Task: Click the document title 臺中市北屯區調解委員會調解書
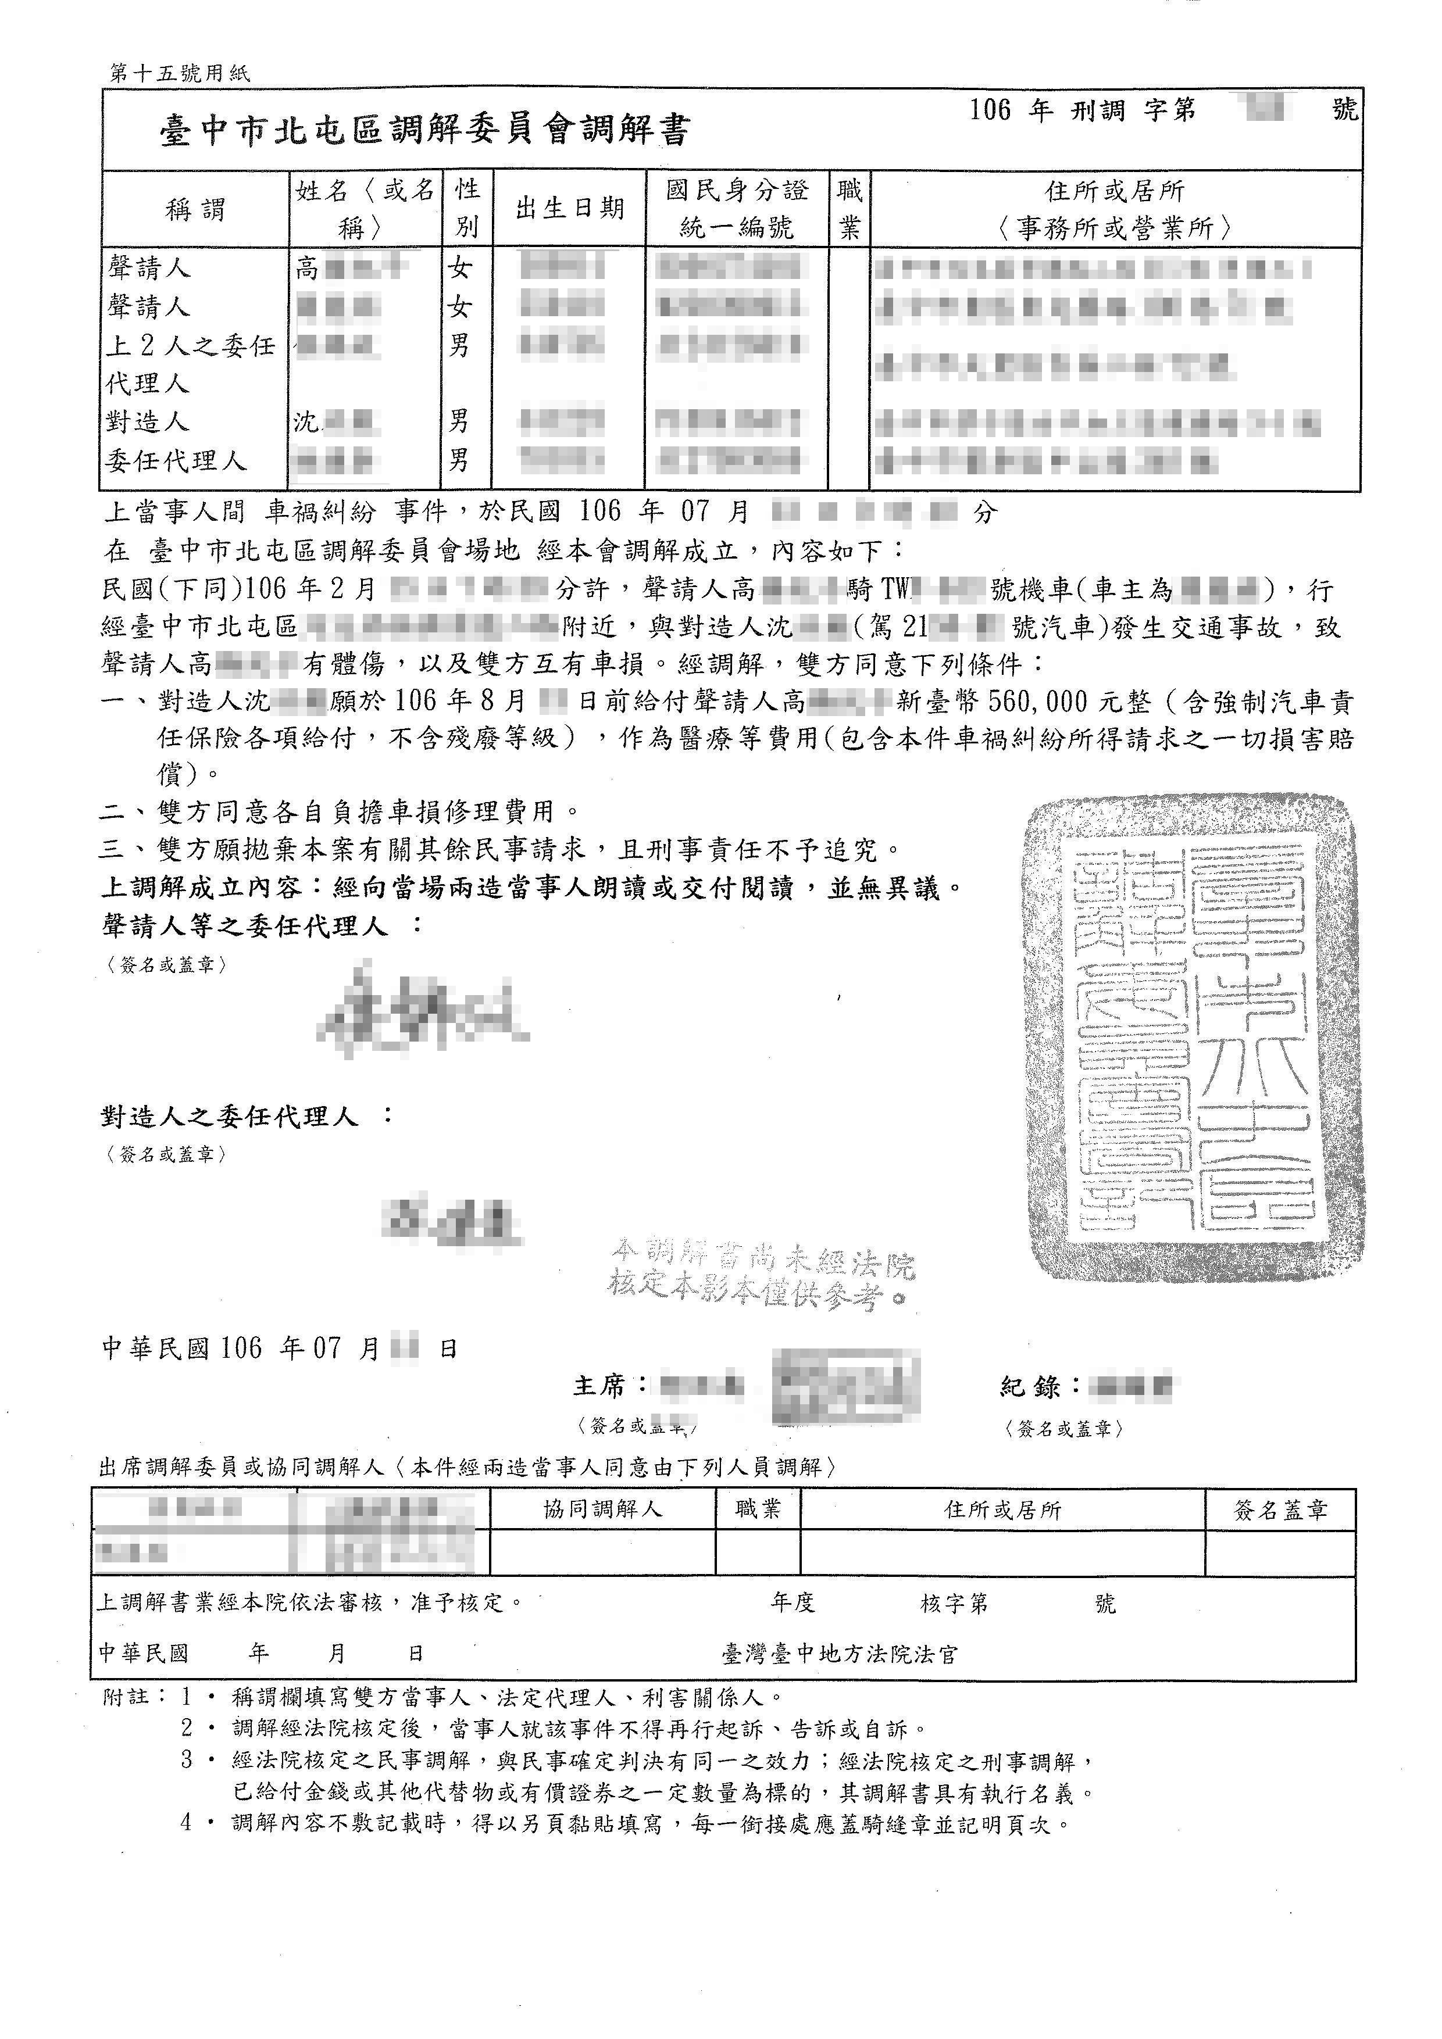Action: (424, 131)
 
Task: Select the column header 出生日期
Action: (569, 209)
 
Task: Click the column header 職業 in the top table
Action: (850, 209)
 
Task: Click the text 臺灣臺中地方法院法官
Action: (840, 1654)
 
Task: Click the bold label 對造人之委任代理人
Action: (230, 1117)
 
